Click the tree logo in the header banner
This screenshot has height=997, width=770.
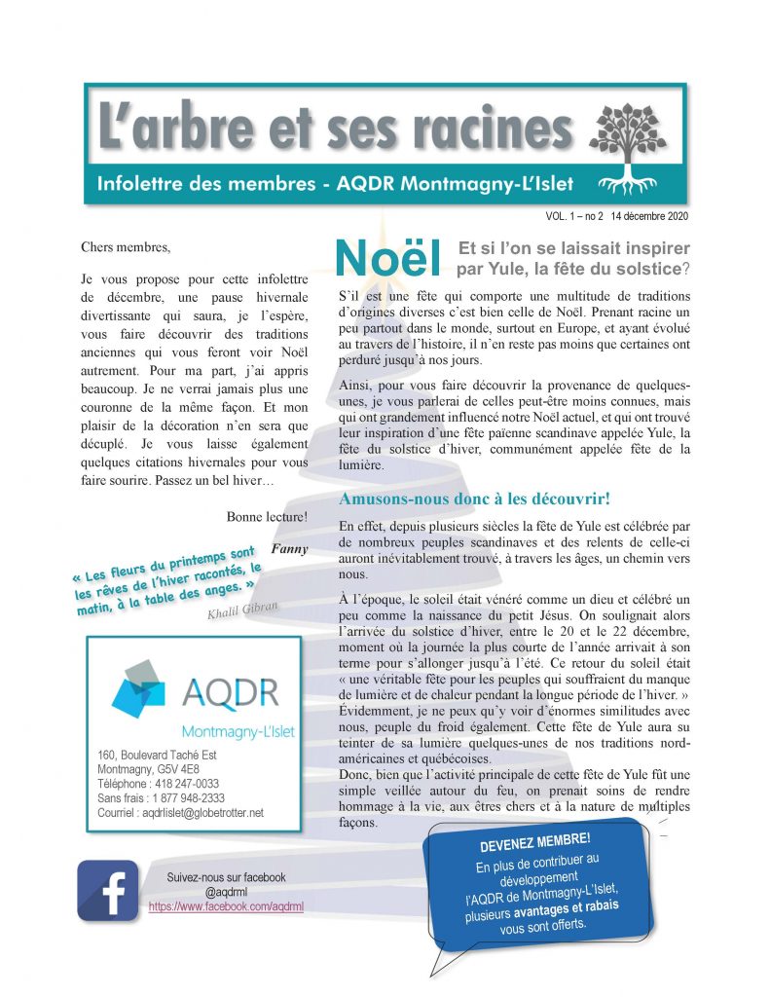click(628, 143)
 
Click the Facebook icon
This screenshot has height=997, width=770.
click(107, 890)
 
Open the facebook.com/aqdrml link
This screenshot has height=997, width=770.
click(226, 905)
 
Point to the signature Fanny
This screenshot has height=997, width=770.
click(289, 548)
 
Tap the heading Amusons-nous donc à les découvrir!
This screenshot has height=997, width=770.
click(474, 498)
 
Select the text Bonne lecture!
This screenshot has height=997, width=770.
click(267, 517)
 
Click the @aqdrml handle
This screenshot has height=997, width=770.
click(226, 891)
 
